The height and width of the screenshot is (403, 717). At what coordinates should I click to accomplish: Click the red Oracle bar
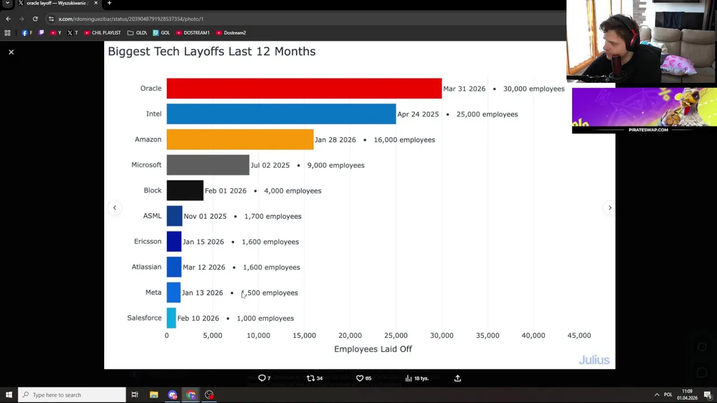304,88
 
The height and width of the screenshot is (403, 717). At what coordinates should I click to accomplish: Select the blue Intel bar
281,114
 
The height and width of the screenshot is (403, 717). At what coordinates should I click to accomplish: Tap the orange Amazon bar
240,139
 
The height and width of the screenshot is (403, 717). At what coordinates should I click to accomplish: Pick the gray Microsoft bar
207,165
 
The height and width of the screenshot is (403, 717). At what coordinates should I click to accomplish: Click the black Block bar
185,190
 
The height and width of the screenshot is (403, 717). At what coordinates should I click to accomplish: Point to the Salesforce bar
171,318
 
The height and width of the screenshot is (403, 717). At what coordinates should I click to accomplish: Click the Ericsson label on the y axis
147,241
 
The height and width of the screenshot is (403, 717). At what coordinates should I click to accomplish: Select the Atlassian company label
146,267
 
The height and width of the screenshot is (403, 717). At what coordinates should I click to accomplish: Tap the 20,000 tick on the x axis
350,335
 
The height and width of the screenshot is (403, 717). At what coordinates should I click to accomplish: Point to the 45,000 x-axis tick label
579,335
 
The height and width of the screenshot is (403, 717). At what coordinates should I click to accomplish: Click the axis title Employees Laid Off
373,349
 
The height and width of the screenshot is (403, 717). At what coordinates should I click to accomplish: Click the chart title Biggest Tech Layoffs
212,51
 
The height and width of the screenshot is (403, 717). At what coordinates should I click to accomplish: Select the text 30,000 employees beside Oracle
533,88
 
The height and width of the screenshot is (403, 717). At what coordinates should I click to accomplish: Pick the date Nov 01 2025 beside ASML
205,216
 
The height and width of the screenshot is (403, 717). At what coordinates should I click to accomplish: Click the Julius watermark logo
594,360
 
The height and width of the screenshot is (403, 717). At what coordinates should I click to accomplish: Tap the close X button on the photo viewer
11,52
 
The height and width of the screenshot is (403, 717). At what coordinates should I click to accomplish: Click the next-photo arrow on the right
609,208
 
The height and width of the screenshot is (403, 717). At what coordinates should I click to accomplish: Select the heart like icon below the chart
360,378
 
